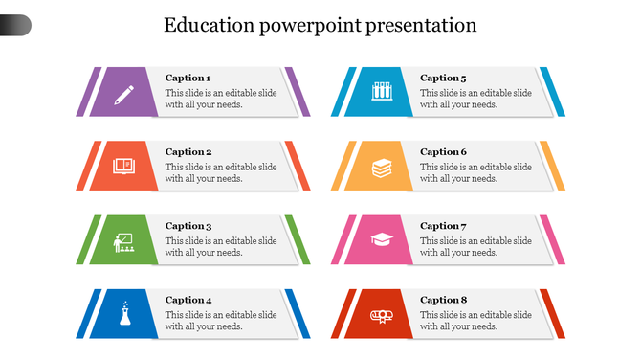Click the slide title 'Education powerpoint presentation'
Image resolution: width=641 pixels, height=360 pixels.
click(320, 25)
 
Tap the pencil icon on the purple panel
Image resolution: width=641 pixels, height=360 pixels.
click(124, 94)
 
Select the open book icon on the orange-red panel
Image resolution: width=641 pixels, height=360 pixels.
click(124, 167)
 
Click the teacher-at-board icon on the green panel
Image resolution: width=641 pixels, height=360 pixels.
click(123, 241)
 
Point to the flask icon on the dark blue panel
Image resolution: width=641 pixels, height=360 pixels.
click(124, 314)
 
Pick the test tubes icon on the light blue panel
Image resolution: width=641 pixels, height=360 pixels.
click(381, 92)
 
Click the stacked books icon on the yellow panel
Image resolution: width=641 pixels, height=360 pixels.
click(381, 168)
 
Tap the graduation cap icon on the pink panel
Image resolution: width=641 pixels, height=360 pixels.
click(381, 239)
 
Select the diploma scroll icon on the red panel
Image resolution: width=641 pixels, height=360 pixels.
click(381, 315)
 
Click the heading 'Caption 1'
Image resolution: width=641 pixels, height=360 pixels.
click(188, 78)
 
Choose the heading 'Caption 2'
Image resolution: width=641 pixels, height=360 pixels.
click(188, 151)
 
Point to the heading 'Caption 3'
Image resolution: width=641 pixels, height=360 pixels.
click(188, 226)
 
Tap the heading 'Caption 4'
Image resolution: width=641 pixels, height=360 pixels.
click(188, 300)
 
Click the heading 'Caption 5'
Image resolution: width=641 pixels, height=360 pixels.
click(443, 78)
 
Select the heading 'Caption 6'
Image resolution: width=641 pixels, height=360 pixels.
click(443, 151)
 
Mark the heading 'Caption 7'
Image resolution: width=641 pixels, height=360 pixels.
click(443, 226)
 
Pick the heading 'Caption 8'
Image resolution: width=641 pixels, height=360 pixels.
click(443, 300)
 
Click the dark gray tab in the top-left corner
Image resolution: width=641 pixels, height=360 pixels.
click(14, 26)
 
